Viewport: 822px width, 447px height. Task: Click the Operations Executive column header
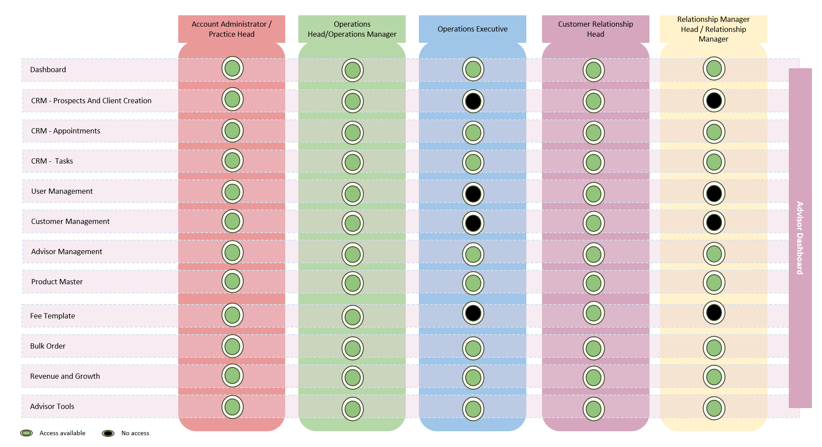click(x=472, y=29)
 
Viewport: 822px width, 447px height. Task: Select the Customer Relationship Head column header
click(x=595, y=29)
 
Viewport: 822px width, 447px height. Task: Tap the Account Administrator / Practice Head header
click(x=231, y=29)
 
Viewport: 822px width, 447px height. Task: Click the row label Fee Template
click(x=52, y=316)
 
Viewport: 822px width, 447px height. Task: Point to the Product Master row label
click(x=57, y=282)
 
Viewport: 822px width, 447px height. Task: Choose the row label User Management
click(x=62, y=191)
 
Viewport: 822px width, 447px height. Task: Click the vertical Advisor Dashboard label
click(x=800, y=238)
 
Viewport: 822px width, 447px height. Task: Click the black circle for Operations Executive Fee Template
click(x=473, y=313)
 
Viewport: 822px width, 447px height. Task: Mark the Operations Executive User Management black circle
click(x=473, y=194)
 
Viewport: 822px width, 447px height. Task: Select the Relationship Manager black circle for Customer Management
click(x=714, y=222)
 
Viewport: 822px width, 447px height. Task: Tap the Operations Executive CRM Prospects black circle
click(x=473, y=101)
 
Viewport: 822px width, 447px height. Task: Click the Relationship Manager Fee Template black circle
click(x=714, y=313)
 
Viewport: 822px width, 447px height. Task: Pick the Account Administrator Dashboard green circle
click(x=232, y=68)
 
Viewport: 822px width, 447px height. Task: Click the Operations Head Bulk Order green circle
click(x=352, y=349)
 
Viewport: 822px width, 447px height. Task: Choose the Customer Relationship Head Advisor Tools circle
click(x=594, y=409)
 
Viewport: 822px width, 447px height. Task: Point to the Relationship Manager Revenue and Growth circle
click(x=714, y=377)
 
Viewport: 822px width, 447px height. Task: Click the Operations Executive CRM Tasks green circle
click(x=473, y=163)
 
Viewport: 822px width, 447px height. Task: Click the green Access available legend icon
click(x=27, y=433)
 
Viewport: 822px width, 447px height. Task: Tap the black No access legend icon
click(x=108, y=433)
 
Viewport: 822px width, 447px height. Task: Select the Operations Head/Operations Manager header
click(x=352, y=29)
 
